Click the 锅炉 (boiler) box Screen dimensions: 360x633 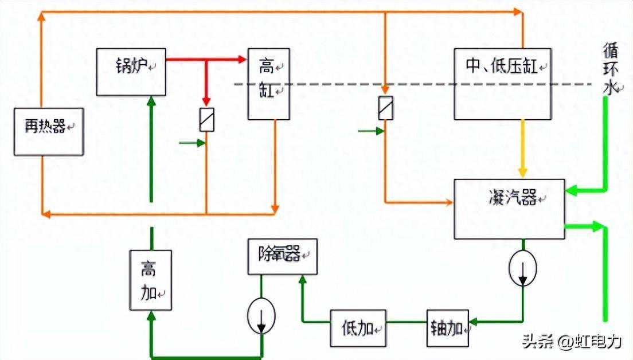coord(131,72)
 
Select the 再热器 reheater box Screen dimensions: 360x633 coord(49,131)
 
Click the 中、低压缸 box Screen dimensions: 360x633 coord(503,84)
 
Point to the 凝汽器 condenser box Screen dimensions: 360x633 coord(509,209)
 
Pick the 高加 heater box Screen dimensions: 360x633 coord(151,280)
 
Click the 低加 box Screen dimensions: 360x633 coord(358,328)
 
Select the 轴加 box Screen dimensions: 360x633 coord(447,328)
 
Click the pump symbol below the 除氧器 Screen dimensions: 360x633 coord(261,316)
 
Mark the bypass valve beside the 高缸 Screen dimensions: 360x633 coord(206,120)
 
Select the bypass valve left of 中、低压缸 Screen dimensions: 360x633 coord(386,108)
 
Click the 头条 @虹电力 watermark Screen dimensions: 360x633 coord(572,342)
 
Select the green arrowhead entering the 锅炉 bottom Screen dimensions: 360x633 coord(151,101)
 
